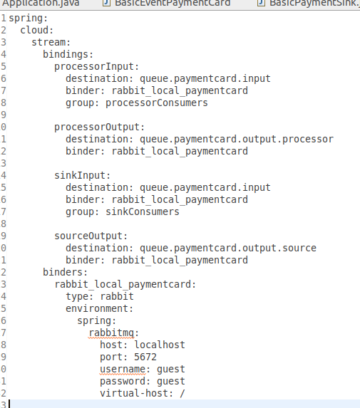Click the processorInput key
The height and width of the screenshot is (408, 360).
click(x=94, y=67)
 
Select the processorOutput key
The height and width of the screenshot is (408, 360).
click(x=97, y=127)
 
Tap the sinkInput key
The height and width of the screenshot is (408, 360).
click(x=80, y=176)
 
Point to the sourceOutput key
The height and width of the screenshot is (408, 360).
click(x=88, y=236)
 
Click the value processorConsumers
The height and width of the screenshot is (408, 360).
click(x=157, y=103)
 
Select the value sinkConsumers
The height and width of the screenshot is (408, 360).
click(x=143, y=211)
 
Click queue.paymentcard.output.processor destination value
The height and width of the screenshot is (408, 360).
click(x=237, y=140)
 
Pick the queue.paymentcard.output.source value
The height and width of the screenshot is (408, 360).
click(x=228, y=249)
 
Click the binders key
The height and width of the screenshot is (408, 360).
click(x=63, y=272)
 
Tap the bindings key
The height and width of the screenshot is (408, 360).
click(x=66, y=54)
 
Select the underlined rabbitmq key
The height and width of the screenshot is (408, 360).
click(x=111, y=333)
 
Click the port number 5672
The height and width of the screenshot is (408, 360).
click(x=145, y=357)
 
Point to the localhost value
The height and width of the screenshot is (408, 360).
click(x=160, y=345)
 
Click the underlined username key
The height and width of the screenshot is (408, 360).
click(x=123, y=370)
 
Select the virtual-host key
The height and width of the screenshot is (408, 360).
click(x=134, y=394)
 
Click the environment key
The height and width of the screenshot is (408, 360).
click(x=97, y=308)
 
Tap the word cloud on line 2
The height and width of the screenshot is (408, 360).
click(x=34, y=30)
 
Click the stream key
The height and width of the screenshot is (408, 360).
click(x=48, y=43)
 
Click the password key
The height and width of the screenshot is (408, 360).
click(x=123, y=382)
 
